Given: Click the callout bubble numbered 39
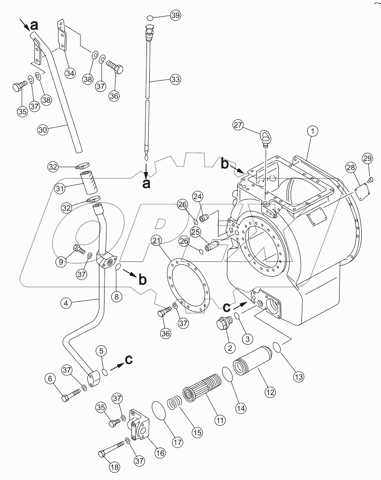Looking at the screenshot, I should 176,16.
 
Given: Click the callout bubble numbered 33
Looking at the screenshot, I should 175,80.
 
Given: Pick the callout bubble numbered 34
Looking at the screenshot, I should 70,73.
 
